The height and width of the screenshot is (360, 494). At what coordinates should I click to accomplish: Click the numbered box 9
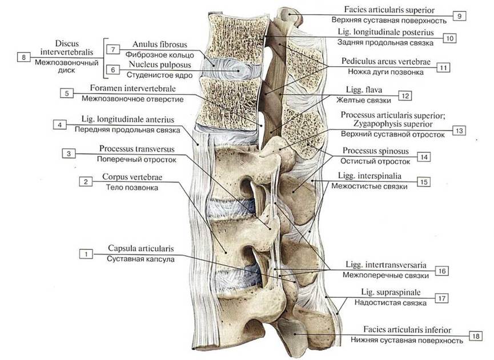pos(459,16)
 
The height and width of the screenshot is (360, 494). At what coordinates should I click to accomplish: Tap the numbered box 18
pos(476,336)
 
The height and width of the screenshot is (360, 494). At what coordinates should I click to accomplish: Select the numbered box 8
pos(23,57)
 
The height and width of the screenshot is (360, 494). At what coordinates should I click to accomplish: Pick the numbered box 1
pos(86,254)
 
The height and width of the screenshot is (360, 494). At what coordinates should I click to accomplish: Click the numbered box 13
pos(459,131)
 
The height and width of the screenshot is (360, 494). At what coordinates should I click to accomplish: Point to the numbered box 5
pos(66,94)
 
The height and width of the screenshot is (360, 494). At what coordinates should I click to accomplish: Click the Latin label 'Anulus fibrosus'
pos(160,45)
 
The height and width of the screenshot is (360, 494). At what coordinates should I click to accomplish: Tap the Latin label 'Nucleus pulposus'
pos(160,65)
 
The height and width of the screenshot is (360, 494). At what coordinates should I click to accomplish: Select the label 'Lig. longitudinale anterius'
pos(127,119)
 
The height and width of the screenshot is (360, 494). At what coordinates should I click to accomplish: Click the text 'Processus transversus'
pos(136,149)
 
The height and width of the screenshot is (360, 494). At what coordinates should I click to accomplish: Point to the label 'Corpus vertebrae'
pos(132,177)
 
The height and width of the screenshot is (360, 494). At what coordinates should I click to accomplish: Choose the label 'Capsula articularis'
pos(140,249)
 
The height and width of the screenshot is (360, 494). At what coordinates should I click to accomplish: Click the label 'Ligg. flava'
pos(364,90)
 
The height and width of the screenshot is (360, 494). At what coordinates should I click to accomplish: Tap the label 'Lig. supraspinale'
pos(391,292)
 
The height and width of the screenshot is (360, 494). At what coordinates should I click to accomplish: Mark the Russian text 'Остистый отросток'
pos(375,161)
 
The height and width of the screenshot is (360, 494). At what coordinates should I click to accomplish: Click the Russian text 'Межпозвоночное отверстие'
pos(132,99)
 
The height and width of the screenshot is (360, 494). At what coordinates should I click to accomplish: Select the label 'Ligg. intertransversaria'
pos(386,265)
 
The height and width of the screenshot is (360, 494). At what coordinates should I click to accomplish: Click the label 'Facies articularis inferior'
pos(407,330)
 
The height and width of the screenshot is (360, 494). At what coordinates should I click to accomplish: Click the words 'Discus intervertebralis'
pos(66,47)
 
